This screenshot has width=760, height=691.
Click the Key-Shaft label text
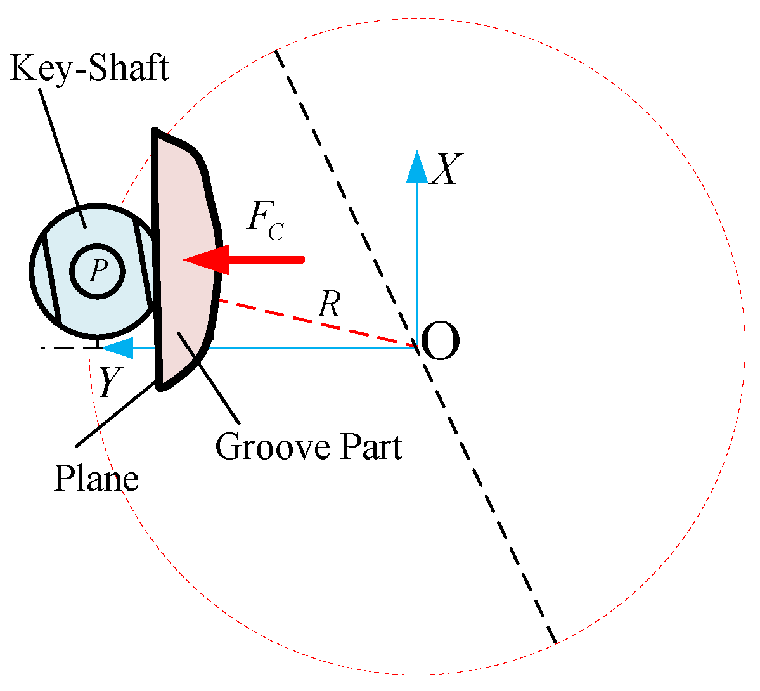(x=89, y=68)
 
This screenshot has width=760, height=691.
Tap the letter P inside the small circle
(x=96, y=271)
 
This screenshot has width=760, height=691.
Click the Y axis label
(x=108, y=383)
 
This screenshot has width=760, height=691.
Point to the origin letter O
(x=439, y=342)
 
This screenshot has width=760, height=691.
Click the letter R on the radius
(x=329, y=306)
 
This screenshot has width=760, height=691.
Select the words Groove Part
(x=308, y=448)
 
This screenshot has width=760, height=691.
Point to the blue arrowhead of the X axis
(x=416, y=166)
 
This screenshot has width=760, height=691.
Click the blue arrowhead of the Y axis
(x=117, y=347)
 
